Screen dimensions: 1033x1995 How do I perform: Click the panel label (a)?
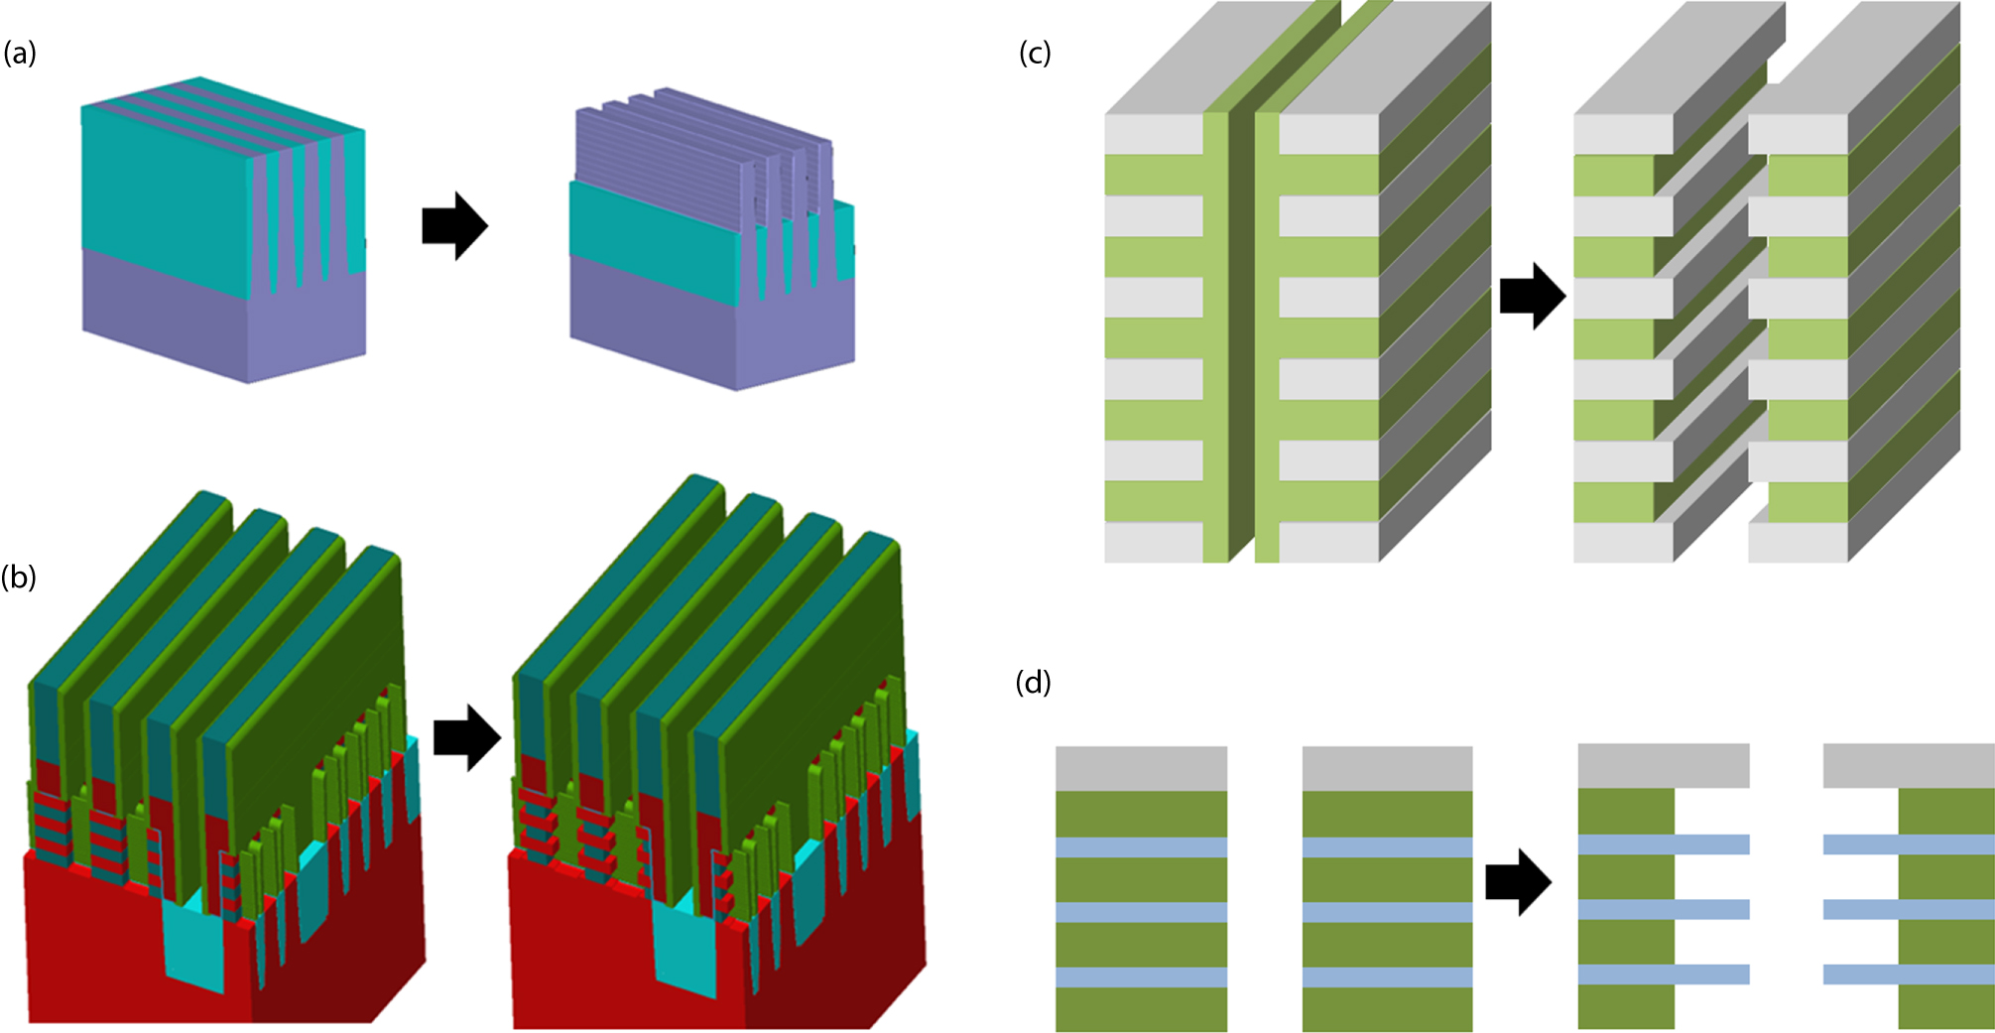[x=20, y=54]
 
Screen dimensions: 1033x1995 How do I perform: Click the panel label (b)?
[x=20, y=577]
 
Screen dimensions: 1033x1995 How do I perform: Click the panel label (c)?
[x=1035, y=54]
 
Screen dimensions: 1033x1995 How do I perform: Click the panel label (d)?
[x=1034, y=683]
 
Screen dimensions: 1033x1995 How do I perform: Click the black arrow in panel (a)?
[x=454, y=226]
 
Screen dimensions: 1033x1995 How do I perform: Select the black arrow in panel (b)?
[x=467, y=737]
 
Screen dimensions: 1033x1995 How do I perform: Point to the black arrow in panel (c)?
[x=1532, y=296]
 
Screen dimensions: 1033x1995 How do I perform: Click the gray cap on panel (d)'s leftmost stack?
[x=1141, y=768]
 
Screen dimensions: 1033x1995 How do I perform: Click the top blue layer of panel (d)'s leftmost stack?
[x=1141, y=847]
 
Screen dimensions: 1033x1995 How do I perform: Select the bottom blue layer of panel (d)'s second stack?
[x=1387, y=977]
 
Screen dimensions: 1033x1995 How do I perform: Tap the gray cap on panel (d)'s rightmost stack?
[x=1909, y=766]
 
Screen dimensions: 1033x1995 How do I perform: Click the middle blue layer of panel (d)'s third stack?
[x=1663, y=910]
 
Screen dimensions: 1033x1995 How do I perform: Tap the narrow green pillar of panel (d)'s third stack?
[x=1626, y=943]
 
